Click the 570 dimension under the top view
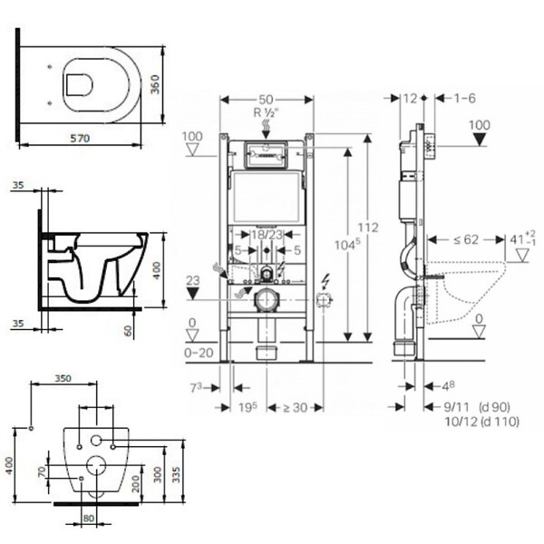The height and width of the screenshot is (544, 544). tap(80, 138)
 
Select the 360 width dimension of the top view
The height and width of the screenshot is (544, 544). tap(155, 84)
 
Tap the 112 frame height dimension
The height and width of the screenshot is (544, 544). tap(368, 228)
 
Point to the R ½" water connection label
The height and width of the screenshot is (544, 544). tap(267, 112)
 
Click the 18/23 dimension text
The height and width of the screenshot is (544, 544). tap(267, 235)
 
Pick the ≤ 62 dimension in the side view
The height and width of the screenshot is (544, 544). tap(466, 239)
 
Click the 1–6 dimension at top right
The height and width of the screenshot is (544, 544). tap(465, 98)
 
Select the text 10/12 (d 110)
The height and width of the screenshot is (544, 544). tap(482, 422)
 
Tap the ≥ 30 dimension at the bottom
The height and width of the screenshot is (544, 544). tap(295, 407)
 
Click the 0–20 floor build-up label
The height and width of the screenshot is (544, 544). tap(199, 353)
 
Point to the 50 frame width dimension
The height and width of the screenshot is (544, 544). tap(266, 100)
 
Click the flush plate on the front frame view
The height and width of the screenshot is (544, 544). tap(267, 155)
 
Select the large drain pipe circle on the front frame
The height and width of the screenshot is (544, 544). tap(267, 300)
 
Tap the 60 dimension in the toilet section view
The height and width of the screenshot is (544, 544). tap(129, 331)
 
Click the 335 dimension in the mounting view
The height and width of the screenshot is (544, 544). tap(176, 474)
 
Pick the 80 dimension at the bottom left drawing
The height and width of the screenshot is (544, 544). tap(89, 519)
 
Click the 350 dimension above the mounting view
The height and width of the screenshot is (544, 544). tap(63, 378)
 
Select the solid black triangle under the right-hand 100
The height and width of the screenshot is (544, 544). tap(480, 140)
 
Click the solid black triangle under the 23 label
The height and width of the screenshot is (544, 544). tap(193, 294)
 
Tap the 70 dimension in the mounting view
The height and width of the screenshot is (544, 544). tap(42, 471)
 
